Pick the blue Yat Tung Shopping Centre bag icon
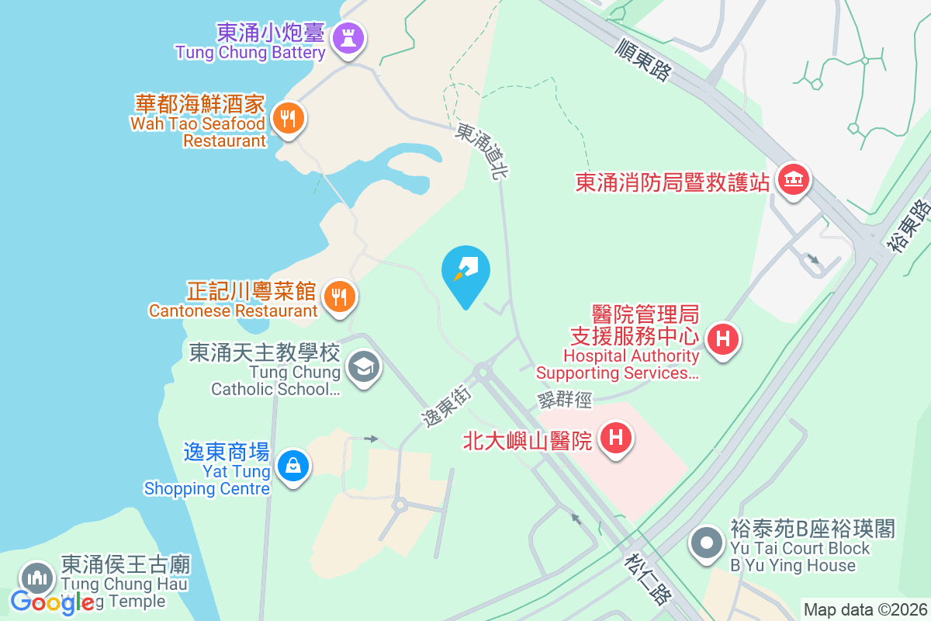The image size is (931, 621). pyautogui.click(x=293, y=467)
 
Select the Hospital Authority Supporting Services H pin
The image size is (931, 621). pyautogui.click(x=723, y=339)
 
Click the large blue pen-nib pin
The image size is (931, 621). pyautogui.click(x=465, y=272)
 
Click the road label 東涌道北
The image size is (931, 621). pyautogui.click(x=479, y=151)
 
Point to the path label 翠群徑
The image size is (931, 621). pyautogui.click(x=564, y=399)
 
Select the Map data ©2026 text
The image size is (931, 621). pyautogui.click(x=865, y=610)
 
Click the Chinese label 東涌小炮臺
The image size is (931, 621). pyautogui.click(x=271, y=33)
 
